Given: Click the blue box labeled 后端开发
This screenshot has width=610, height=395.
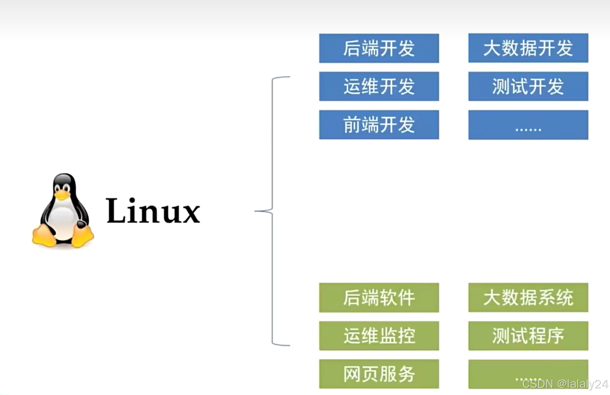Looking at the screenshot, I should click(379, 48).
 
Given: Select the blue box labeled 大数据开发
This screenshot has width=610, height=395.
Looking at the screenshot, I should click(528, 48).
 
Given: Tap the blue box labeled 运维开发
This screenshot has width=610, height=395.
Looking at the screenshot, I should click(379, 86).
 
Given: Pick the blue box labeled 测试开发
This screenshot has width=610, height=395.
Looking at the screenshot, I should click(528, 86).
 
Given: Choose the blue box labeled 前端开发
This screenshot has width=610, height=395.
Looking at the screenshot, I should click(379, 125).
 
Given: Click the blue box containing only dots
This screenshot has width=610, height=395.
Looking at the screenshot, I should click(528, 125).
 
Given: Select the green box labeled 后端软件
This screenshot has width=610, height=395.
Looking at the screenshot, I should click(379, 298).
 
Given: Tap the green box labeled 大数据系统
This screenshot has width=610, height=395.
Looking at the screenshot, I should click(528, 298).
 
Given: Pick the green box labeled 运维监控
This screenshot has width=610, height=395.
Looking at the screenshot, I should click(379, 336).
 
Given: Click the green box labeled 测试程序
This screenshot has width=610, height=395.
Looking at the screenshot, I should click(528, 336).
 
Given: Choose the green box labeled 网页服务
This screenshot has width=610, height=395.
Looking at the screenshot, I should click(379, 374).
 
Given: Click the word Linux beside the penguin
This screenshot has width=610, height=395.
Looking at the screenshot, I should click(153, 211).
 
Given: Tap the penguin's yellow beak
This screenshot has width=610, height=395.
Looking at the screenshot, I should click(62, 195).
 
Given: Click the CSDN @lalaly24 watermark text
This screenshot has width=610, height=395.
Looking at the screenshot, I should click(565, 384).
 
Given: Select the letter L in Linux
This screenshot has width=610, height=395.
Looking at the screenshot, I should click(116, 211).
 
